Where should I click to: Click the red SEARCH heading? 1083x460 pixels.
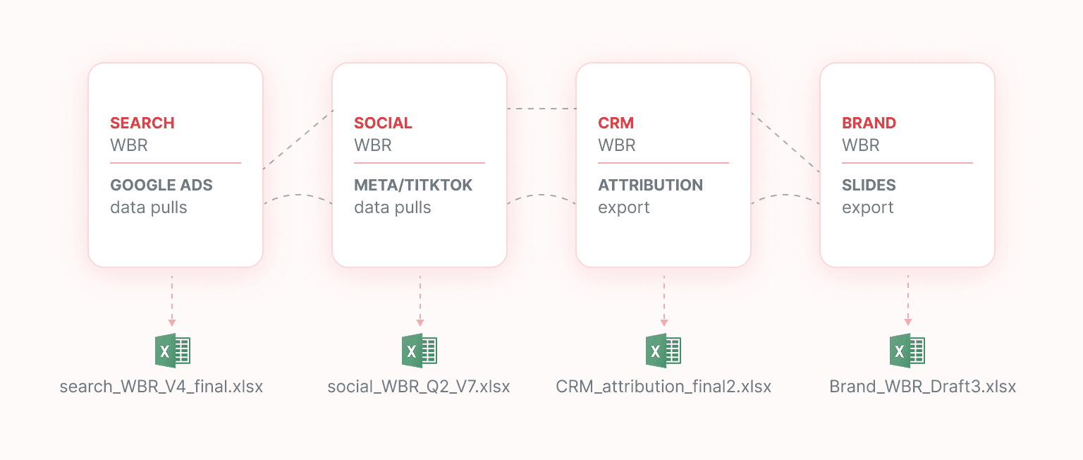coord(142,123)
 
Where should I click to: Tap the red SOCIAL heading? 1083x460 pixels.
coord(383,123)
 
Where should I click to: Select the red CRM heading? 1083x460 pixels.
coord(616,123)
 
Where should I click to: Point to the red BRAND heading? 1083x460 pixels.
coord(869,123)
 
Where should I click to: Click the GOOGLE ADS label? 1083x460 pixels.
coord(161,185)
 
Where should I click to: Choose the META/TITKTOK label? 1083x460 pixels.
coord(413,185)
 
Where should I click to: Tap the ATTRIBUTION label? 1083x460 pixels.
coord(650,185)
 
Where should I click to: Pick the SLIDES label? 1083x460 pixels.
coord(869,185)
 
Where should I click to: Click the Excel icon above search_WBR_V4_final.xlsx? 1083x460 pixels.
coord(173,351)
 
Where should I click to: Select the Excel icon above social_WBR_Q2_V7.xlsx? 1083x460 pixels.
coord(420,351)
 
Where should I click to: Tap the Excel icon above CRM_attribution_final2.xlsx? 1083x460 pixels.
coord(663,351)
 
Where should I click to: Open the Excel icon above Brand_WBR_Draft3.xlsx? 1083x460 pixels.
coord(907,351)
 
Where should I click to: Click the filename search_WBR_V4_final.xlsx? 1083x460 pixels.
coord(161,387)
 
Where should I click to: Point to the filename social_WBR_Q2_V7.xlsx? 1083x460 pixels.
coord(419,387)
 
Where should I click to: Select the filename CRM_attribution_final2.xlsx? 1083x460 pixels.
coord(663,387)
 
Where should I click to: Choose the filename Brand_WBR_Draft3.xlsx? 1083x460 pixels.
coord(922,387)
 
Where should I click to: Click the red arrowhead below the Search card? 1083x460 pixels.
coord(171,322)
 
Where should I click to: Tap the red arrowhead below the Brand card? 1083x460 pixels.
coord(908,322)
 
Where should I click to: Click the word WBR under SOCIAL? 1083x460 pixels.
coord(373,145)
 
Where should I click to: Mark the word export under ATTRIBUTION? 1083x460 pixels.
coord(624,208)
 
